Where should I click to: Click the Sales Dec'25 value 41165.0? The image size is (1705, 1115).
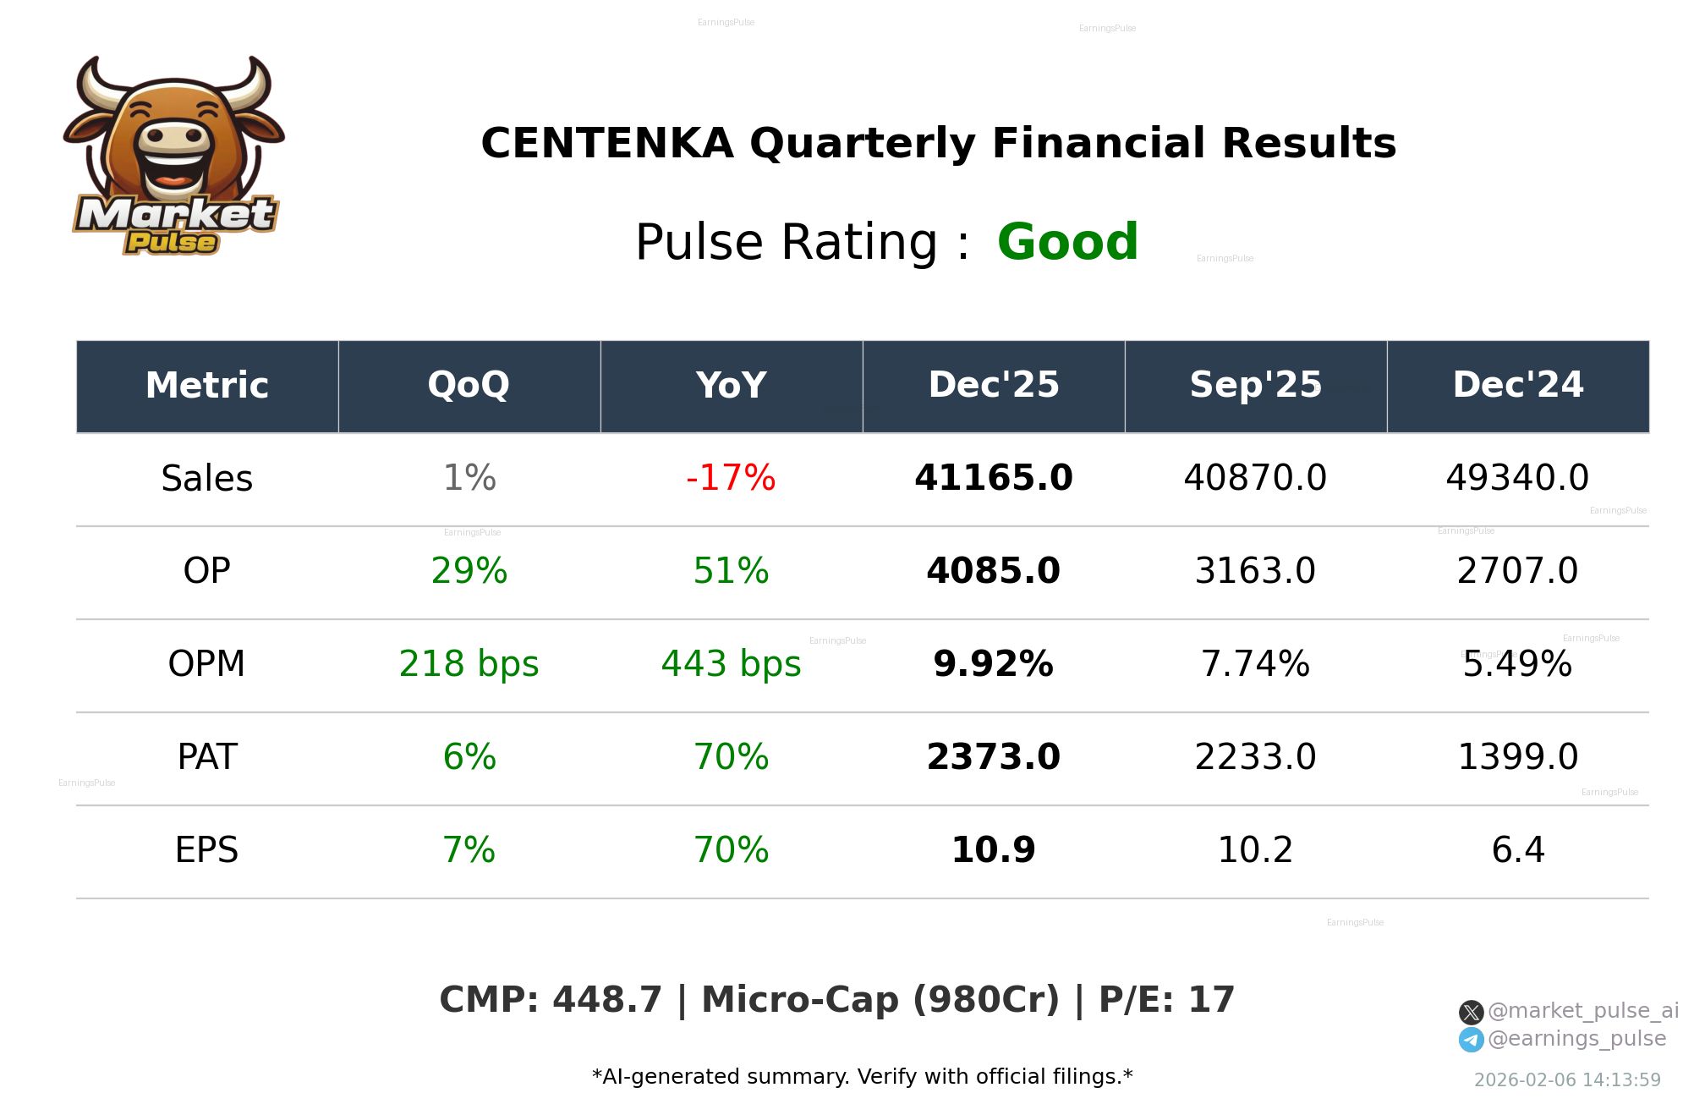tap(993, 478)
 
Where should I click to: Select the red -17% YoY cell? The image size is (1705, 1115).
tap(731, 478)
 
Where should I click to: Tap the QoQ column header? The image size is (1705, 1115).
tap(469, 385)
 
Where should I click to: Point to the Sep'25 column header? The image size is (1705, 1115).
tap(1255, 385)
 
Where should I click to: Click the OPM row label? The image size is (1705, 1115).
tap(206, 664)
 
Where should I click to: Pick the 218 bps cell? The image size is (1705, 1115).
tap(469, 664)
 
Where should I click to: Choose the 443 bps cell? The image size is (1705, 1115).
tap(731, 664)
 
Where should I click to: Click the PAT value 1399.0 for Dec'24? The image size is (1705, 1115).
tap(1517, 757)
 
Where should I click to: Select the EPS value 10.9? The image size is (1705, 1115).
tap(993, 850)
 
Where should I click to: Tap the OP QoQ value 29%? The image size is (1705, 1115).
tap(469, 571)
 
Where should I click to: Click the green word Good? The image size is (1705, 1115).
tap(1067, 243)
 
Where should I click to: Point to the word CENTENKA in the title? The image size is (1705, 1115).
tap(606, 144)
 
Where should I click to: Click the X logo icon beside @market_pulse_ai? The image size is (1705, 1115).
tap(1471, 1012)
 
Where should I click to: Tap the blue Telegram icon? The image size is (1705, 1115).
tap(1471, 1040)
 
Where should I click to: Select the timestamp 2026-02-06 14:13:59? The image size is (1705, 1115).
tap(1567, 1080)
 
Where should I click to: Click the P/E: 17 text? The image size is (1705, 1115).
tap(1166, 1000)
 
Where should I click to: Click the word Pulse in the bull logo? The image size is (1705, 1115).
tap(171, 243)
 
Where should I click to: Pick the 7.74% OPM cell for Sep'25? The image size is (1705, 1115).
tap(1255, 664)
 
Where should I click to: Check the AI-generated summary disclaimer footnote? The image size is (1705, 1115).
tap(862, 1077)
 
